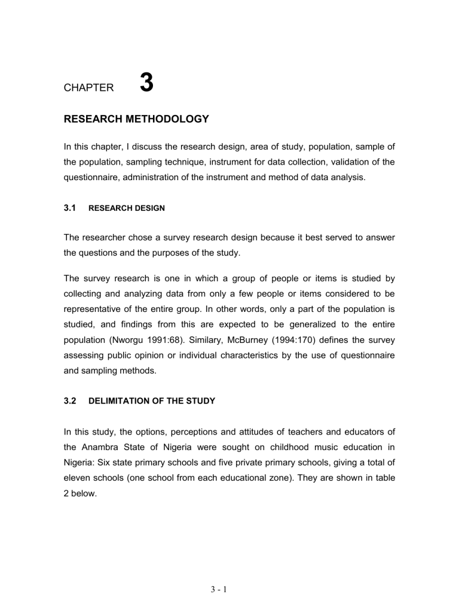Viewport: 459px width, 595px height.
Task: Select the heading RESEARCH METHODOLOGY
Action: pos(136,119)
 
